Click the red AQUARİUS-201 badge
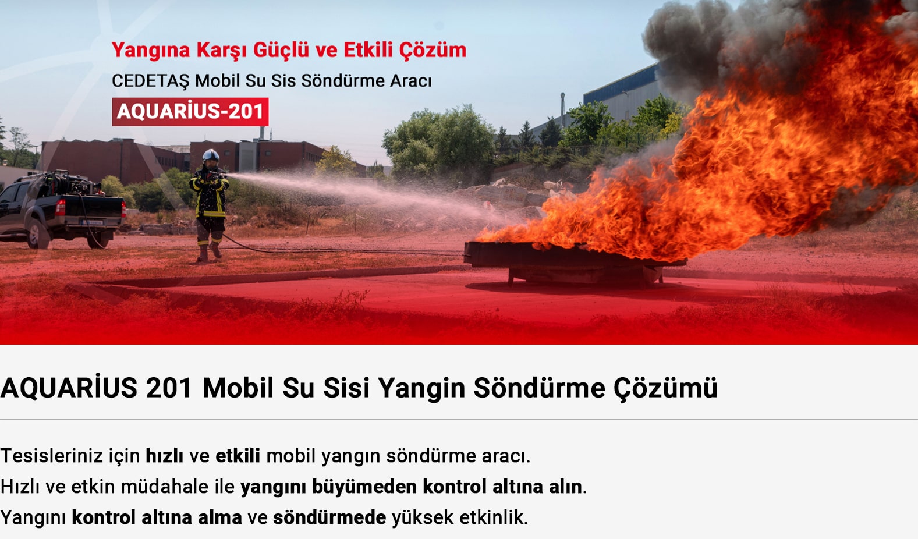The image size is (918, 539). (190, 112)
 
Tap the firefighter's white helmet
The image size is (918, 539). (211, 155)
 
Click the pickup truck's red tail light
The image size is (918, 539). (60, 207)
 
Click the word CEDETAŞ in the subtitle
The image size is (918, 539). (150, 81)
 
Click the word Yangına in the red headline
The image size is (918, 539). (151, 51)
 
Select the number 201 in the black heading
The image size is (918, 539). (169, 388)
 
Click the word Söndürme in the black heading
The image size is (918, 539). (539, 388)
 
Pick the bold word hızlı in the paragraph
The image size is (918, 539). (164, 455)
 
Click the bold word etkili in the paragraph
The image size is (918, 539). (238, 455)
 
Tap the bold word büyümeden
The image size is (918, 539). (364, 487)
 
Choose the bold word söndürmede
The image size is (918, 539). (329, 517)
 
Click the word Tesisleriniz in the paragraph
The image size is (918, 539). (51, 455)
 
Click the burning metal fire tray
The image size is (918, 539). (574, 263)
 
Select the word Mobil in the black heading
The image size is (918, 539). (238, 388)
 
